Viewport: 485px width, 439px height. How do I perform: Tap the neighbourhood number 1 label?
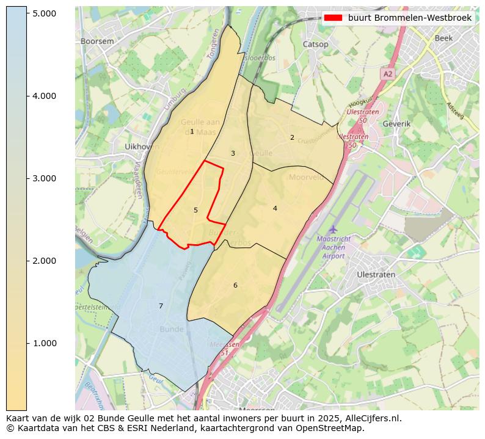pos(192,132)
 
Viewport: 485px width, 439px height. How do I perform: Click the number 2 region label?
pos(292,137)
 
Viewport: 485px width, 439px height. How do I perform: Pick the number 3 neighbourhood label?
pos(233,153)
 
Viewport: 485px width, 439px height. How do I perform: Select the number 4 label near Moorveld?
pos(275,208)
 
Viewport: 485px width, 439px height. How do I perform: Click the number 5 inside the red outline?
pos(195,210)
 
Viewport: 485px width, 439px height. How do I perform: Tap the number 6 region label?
pos(235,285)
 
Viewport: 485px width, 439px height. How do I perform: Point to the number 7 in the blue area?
pos(161,306)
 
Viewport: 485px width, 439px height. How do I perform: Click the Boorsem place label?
pos(97,41)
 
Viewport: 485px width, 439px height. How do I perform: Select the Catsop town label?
pos(315,44)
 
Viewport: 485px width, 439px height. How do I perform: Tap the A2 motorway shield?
pos(388,73)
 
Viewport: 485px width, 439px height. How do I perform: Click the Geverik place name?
pos(396,123)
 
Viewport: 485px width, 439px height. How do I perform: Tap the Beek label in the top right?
pos(443,38)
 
